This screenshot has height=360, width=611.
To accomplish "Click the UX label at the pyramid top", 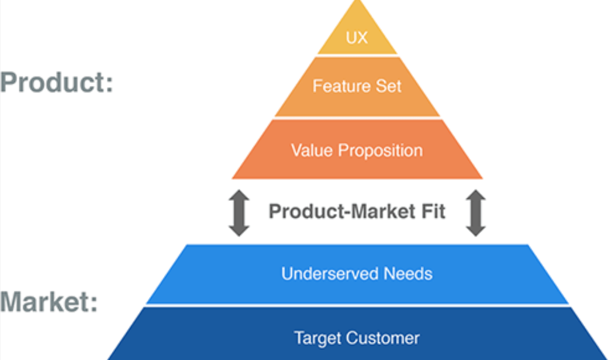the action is tap(356, 38).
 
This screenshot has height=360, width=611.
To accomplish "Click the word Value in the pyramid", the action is tap(312, 150).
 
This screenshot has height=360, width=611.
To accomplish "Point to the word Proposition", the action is tap(380, 151).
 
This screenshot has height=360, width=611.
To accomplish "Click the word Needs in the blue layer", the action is tap(408, 274).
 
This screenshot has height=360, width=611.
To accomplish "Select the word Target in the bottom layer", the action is tap(318, 338).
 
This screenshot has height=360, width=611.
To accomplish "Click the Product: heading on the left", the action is tap(57, 82).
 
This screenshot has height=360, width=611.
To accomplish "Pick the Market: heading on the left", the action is tap(49, 301).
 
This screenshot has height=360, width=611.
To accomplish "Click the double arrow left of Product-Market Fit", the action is tap(239, 213).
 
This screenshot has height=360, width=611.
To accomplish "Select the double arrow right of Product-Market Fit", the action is tap(476, 213).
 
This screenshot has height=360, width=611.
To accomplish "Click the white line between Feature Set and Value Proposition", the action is tap(357, 118).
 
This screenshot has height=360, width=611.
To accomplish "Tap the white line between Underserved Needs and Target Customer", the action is tap(357, 306).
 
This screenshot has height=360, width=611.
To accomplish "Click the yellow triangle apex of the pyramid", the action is tap(357, 1).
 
